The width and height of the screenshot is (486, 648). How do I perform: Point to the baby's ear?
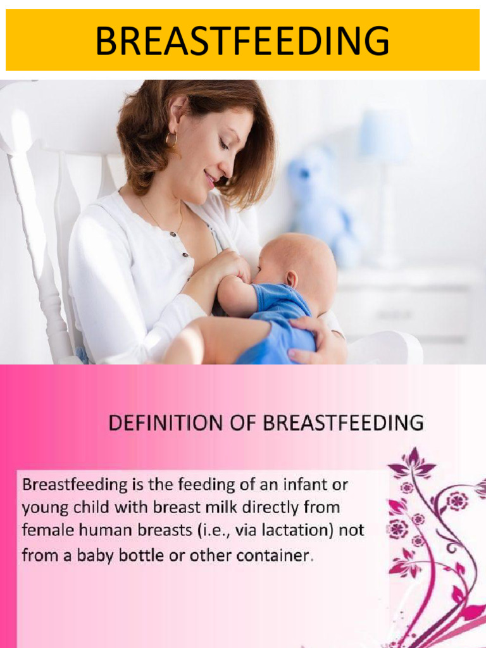coord(291,280)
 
